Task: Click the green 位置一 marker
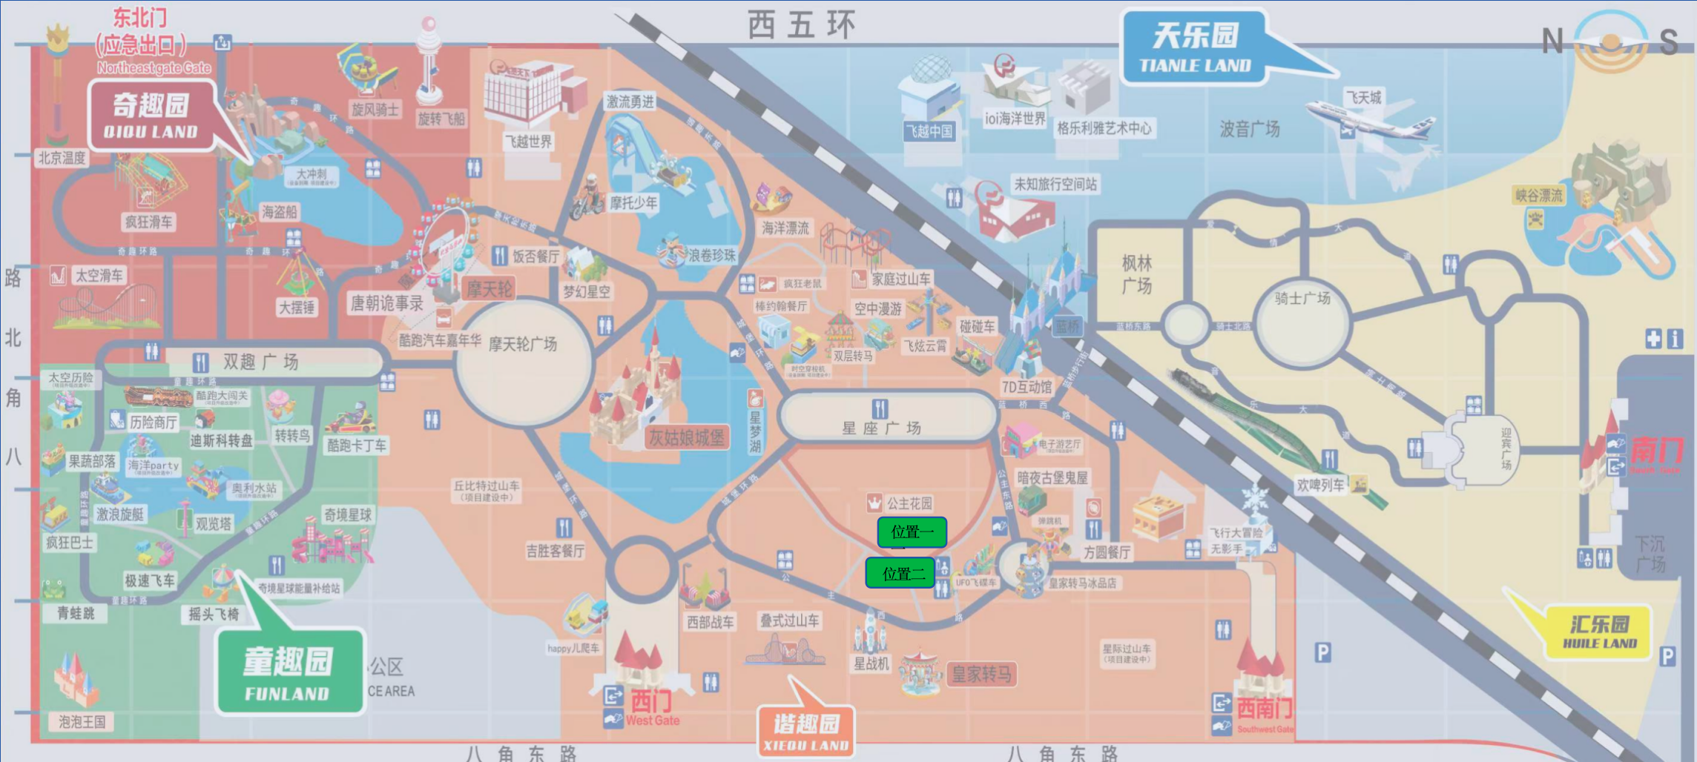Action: point(912,532)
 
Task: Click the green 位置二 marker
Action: point(900,574)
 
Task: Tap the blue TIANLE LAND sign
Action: point(1195,47)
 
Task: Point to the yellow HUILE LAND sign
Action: point(1600,632)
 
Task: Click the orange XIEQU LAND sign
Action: point(806,732)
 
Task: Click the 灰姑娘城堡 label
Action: point(686,438)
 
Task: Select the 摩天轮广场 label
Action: point(522,345)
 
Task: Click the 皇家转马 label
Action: point(981,675)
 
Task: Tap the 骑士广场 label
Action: point(1302,299)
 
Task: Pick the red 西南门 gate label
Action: point(1265,709)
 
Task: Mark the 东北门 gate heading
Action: point(140,18)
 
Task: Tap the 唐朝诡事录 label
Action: point(386,303)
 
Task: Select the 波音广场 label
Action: point(1250,130)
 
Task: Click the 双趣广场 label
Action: point(260,362)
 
